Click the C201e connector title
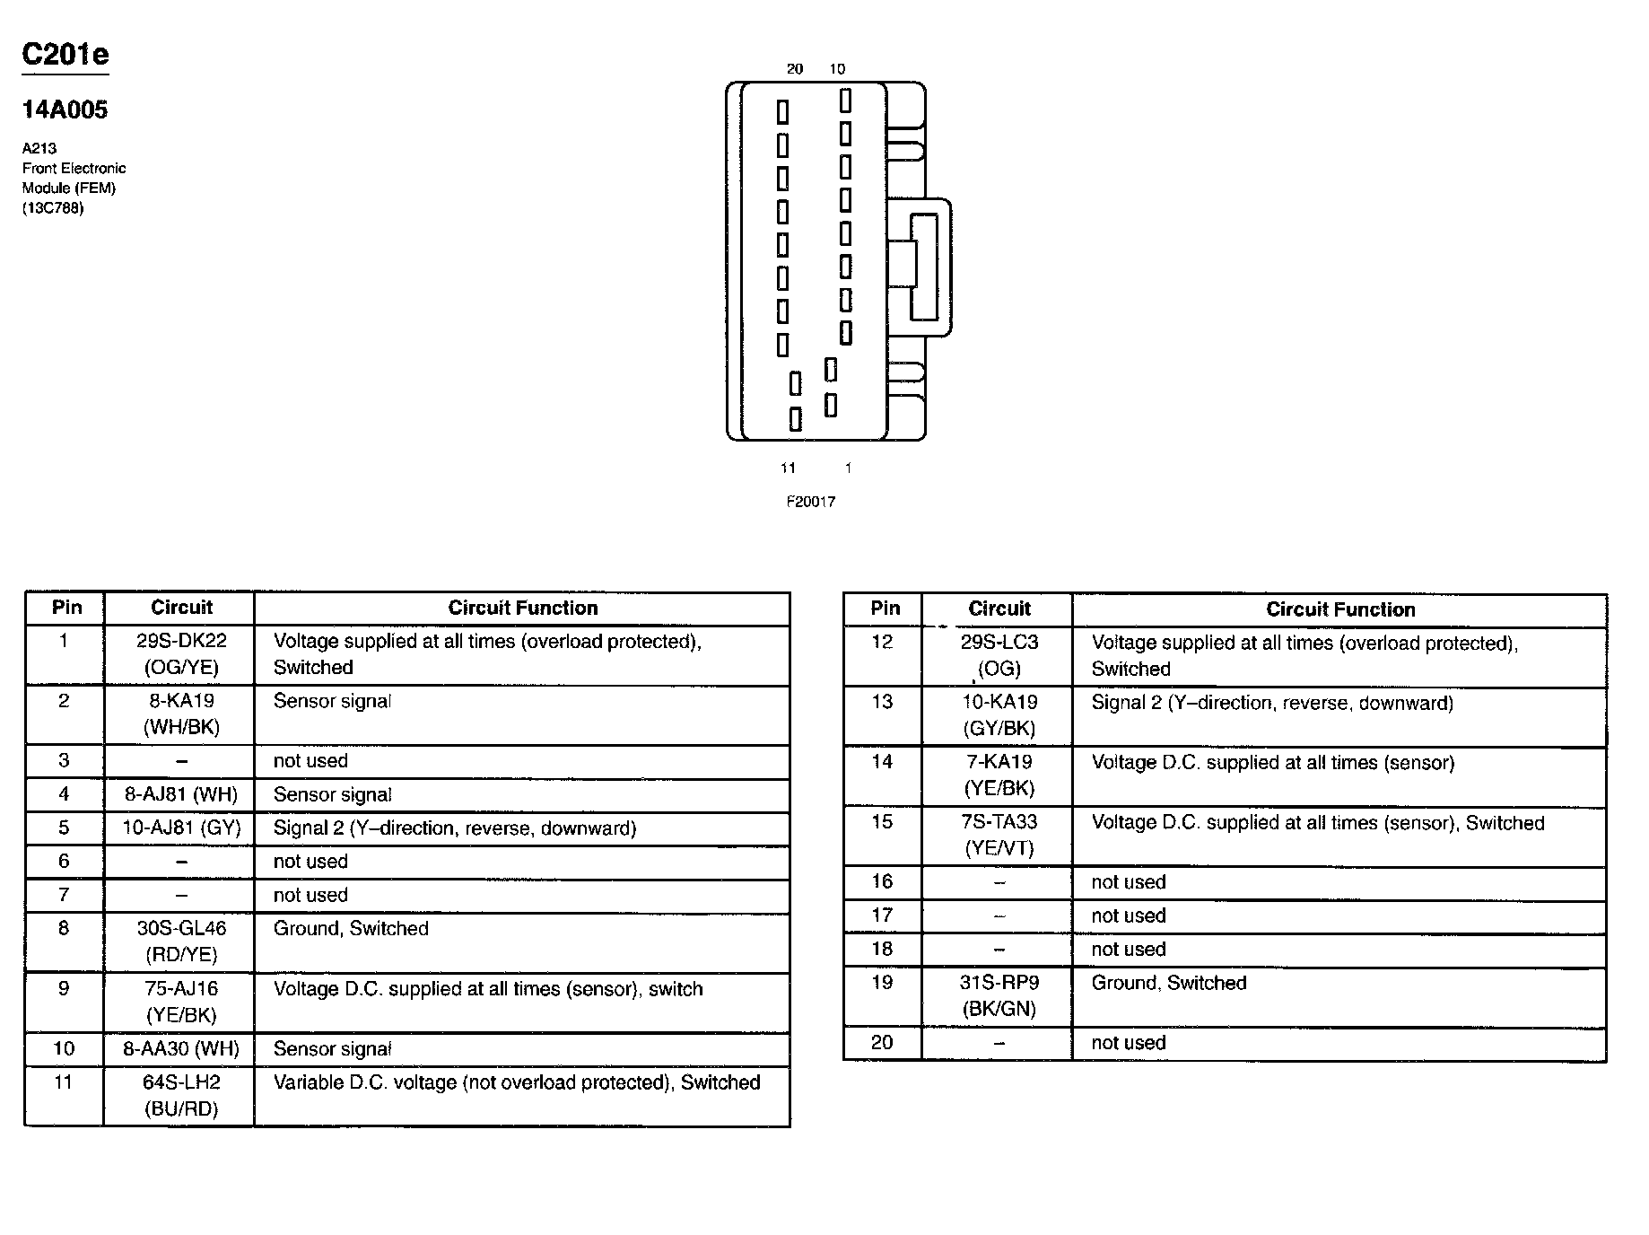(65, 55)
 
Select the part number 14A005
(65, 109)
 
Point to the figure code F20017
(810, 502)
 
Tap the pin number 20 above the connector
(794, 69)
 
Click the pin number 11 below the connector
(788, 468)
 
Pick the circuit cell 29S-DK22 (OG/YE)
(181, 654)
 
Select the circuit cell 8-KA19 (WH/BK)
(181, 714)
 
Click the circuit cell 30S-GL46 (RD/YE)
(181, 942)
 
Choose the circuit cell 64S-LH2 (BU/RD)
(181, 1096)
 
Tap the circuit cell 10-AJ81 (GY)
(181, 828)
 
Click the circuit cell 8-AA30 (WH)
(181, 1048)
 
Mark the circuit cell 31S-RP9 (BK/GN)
(999, 996)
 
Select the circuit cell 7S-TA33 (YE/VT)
(999, 836)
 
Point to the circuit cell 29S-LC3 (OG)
(999, 656)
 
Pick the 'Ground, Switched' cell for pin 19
(1168, 984)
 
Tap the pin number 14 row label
(882, 762)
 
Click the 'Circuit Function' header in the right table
(1339, 609)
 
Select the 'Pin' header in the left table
(66, 608)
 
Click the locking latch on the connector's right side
(925, 267)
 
